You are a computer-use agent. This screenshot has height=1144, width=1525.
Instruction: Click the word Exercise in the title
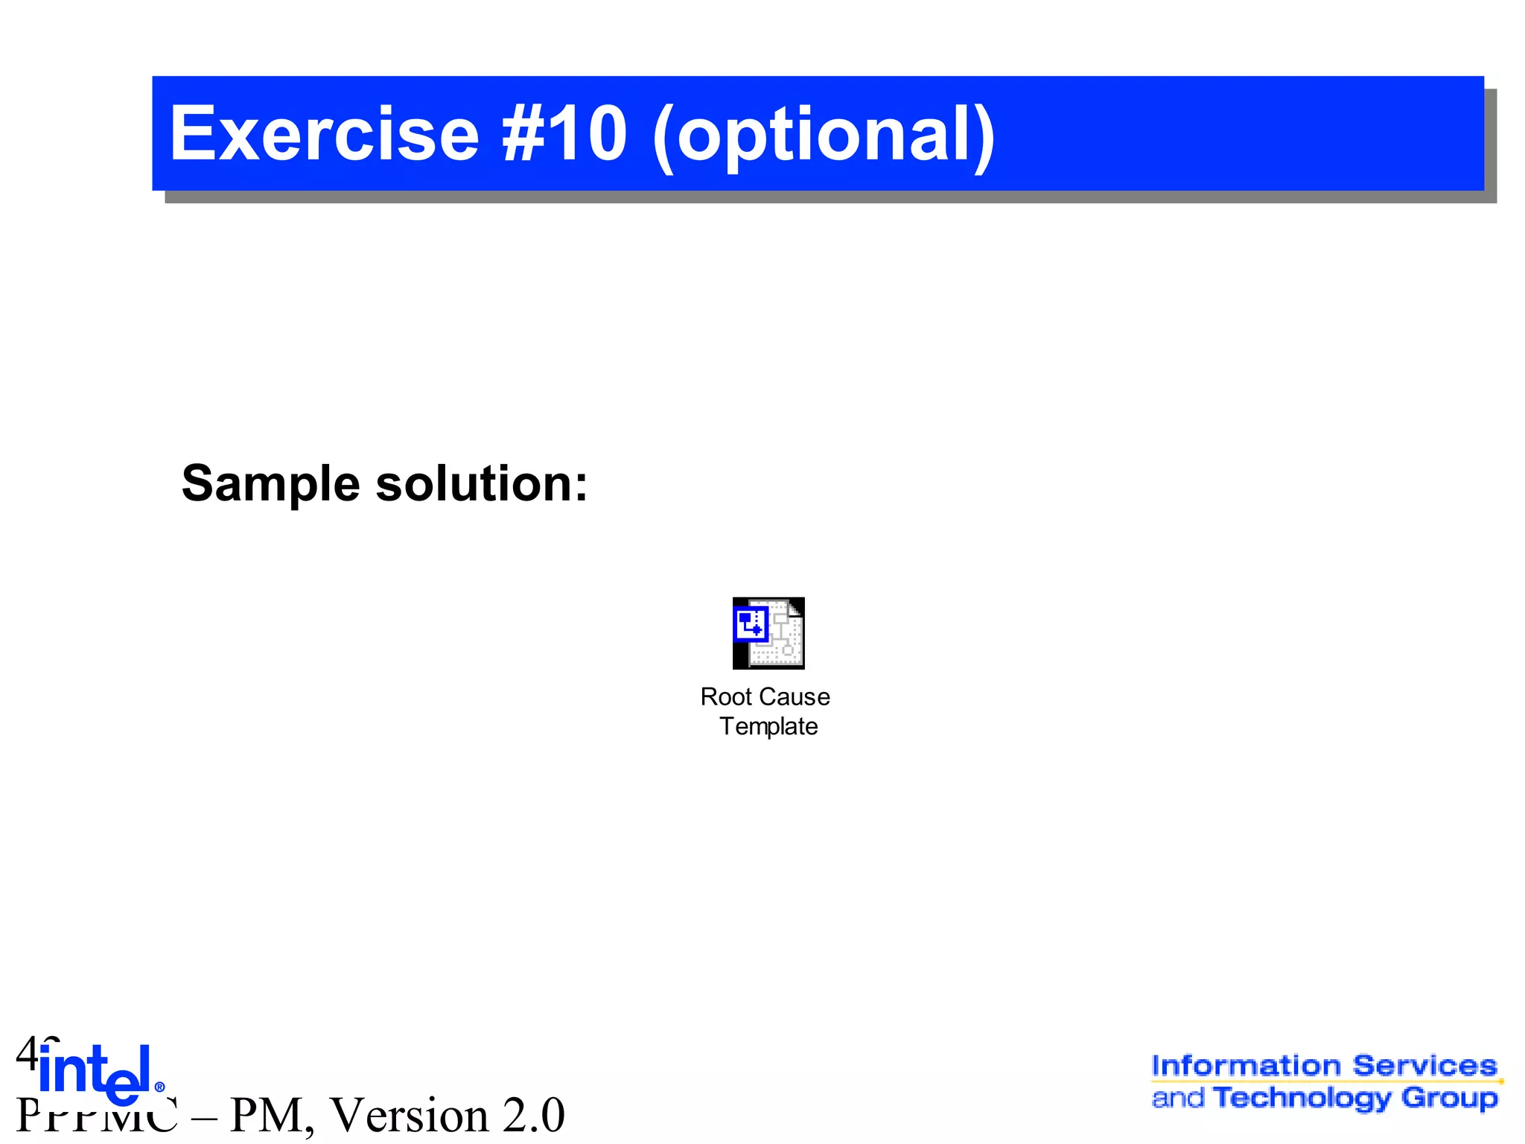tap(324, 134)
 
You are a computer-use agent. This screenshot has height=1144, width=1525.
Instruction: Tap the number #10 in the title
tap(564, 134)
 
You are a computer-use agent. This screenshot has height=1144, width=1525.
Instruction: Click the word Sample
tap(271, 484)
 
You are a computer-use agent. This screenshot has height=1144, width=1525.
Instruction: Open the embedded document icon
tap(768, 633)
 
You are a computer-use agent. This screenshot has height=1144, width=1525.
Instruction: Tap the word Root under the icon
tap(727, 697)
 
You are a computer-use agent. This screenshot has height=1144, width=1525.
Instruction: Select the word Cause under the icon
tap(800, 697)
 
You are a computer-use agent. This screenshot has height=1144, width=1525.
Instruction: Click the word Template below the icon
tap(768, 726)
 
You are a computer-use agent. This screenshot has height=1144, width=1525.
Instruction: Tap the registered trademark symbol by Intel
tap(159, 1087)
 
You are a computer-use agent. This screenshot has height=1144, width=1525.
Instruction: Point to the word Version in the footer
tap(410, 1115)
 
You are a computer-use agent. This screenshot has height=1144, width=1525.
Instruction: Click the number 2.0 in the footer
tap(533, 1115)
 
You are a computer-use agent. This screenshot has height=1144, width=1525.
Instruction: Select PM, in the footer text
tap(272, 1115)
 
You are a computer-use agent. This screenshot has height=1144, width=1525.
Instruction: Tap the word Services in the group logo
tap(1424, 1066)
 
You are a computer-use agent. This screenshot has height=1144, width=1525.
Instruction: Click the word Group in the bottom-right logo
tap(1449, 1098)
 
